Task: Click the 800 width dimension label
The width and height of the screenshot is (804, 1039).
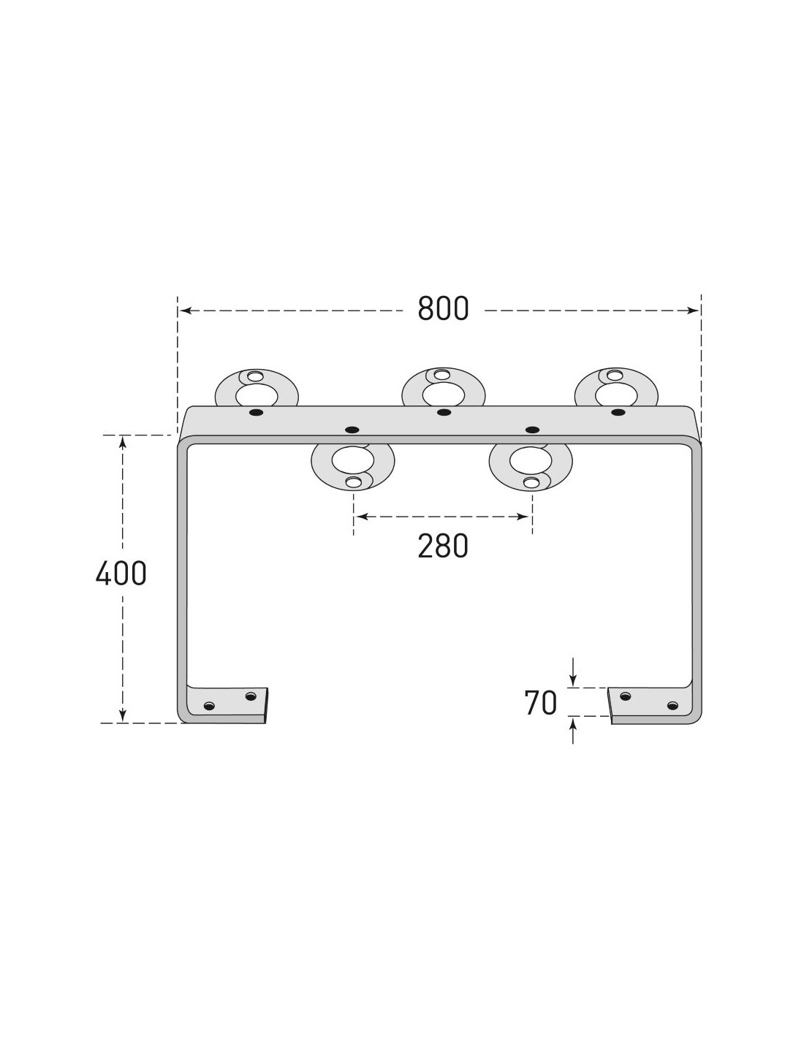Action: click(x=443, y=309)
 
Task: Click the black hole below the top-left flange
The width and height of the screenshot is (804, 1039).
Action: click(x=257, y=412)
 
